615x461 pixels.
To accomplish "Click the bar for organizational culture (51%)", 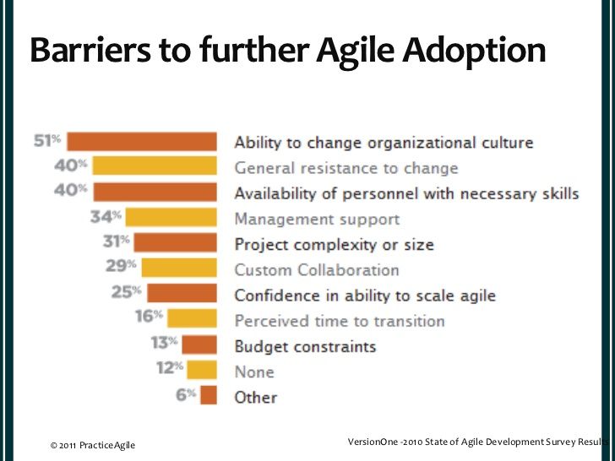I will point(142,142).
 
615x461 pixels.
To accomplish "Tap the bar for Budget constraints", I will point(200,344).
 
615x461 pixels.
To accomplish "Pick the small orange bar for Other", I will point(210,395).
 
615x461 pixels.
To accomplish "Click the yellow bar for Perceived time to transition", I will point(193,319).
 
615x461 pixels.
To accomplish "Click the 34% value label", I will point(107,218).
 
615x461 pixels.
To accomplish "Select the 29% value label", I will point(122,268).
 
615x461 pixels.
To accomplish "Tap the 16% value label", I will point(150,319).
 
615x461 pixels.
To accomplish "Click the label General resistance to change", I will point(346,168).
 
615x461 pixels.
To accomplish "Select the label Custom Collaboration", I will point(316,270).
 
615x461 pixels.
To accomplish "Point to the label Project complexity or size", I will point(334,245).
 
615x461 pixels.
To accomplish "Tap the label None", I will point(253,372).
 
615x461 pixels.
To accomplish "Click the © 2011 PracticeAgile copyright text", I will point(92,445).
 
